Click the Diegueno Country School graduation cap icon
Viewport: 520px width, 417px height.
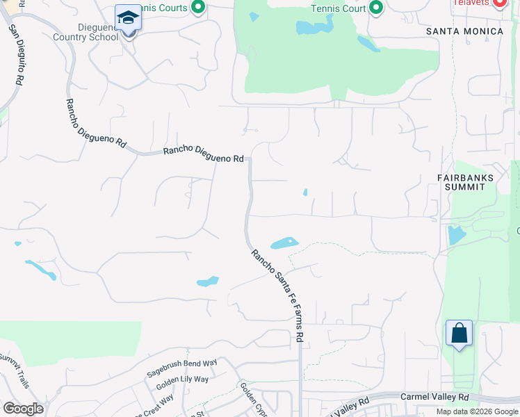coord(128,17)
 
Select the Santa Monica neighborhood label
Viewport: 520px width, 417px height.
coord(464,31)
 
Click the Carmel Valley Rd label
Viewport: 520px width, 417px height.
coord(434,397)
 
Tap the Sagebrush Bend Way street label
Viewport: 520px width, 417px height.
coord(182,368)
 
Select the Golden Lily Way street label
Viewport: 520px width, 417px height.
coord(182,384)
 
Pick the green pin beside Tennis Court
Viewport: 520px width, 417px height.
coord(376,8)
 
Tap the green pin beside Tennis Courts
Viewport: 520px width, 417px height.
coord(198,8)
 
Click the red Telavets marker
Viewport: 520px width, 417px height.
coord(499,4)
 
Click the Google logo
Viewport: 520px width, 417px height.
coord(23,409)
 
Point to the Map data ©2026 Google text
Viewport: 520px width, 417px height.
coord(476,411)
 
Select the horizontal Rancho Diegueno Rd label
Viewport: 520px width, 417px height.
coord(204,154)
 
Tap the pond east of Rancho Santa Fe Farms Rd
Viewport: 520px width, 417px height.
coord(284,243)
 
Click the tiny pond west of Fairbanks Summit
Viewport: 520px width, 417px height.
coord(304,193)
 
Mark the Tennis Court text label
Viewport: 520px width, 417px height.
coord(337,9)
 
